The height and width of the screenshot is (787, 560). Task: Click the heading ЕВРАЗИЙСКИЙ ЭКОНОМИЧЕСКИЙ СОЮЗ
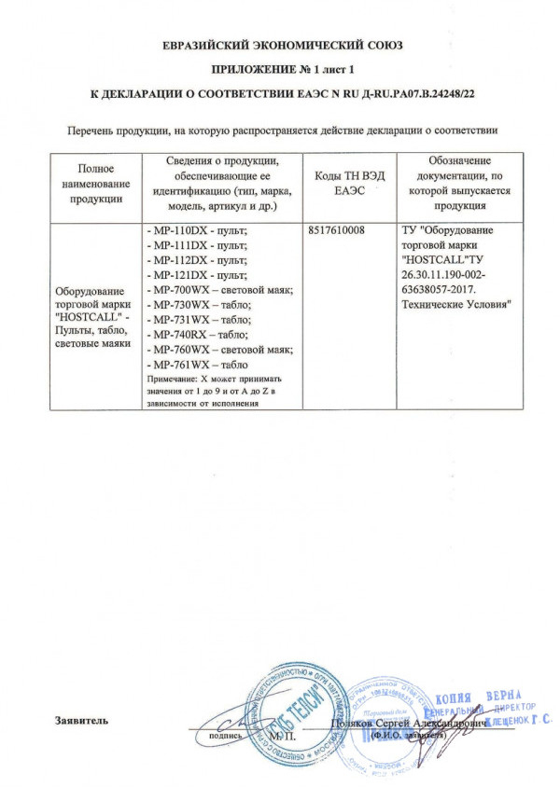pos(280,45)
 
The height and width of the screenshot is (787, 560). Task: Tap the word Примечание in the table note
pos(172,380)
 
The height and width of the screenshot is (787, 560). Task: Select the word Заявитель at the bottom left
pos(81,720)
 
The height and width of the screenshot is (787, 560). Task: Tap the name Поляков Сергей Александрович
pos(402,723)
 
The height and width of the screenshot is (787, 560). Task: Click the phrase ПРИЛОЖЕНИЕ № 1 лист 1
pos(280,70)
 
